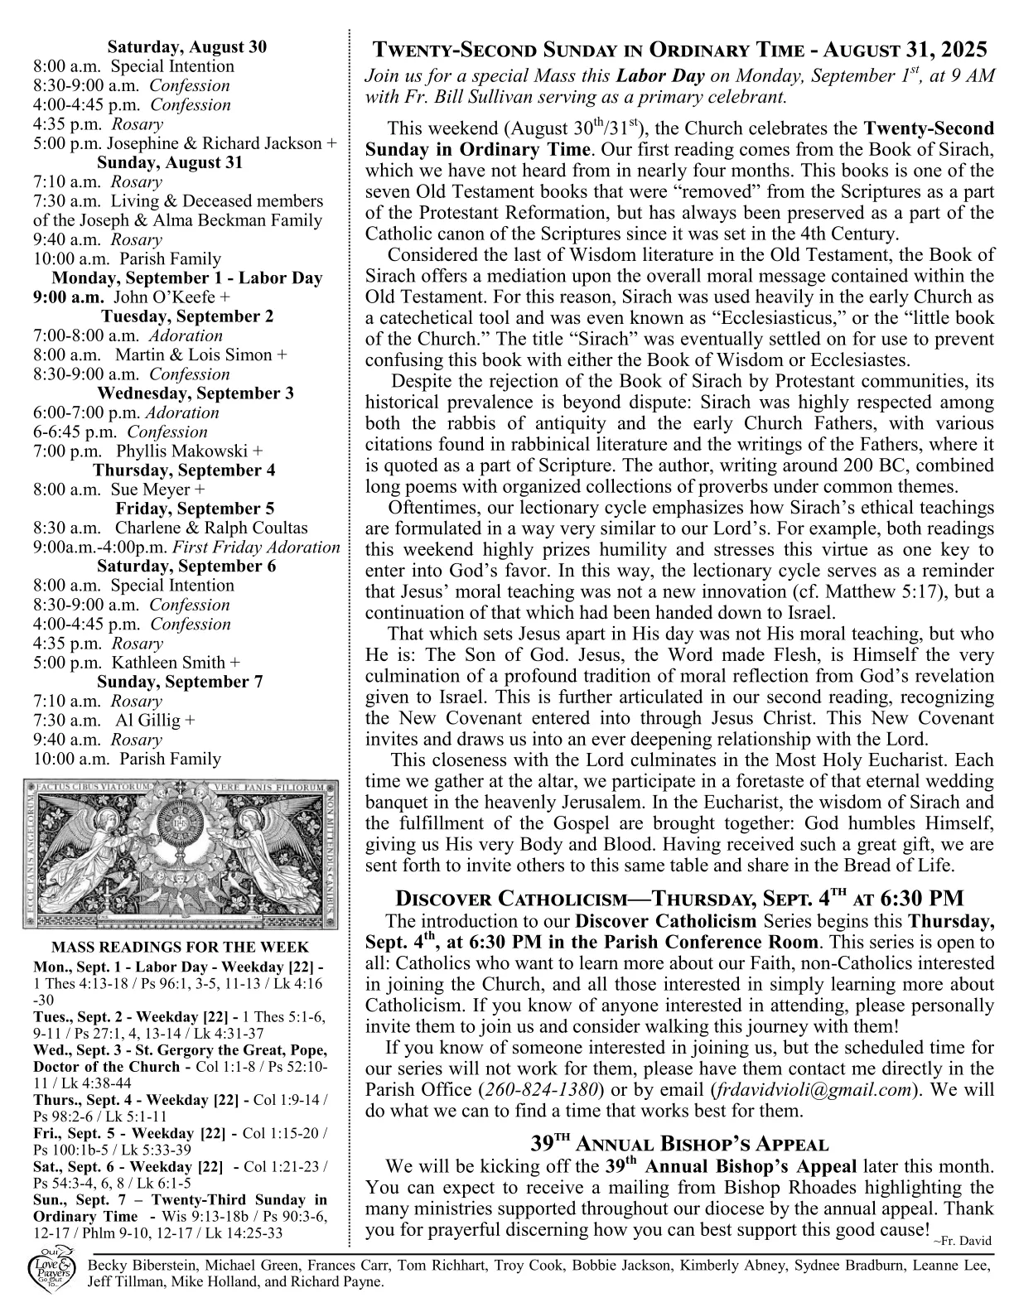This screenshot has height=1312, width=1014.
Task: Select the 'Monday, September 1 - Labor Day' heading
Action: click(x=187, y=278)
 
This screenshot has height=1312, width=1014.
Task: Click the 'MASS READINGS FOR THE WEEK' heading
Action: click(x=181, y=947)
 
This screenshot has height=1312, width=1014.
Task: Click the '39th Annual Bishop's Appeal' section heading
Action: click(x=679, y=1145)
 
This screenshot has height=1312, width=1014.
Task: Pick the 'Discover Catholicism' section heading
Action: click(x=679, y=899)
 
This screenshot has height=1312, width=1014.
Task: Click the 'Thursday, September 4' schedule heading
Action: click(x=184, y=470)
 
